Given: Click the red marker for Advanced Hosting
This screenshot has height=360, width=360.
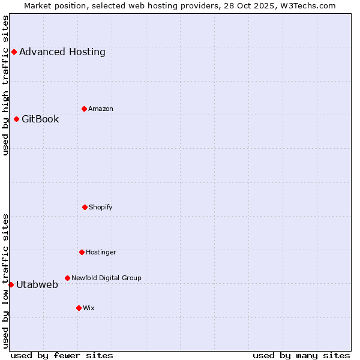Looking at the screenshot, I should click(x=14, y=52).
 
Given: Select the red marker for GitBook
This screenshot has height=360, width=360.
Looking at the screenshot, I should click(x=16, y=119).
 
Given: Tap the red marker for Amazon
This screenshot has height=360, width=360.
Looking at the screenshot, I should click(x=84, y=109).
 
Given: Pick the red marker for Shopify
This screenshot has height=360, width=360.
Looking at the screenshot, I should click(x=85, y=207).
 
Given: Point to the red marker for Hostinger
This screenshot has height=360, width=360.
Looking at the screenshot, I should click(x=82, y=252).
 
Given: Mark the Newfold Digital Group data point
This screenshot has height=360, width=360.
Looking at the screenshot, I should click(x=67, y=278).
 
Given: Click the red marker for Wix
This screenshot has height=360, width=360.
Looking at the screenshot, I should click(x=79, y=308).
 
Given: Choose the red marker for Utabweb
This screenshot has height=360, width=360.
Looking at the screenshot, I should click(x=11, y=284).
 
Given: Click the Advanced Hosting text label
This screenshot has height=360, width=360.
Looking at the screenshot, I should click(x=62, y=52).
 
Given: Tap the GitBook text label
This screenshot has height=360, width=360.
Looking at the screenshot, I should click(x=40, y=119).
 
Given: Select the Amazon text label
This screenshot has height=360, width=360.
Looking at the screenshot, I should click(x=101, y=109).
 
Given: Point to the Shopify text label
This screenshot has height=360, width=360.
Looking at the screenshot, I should click(x=101, y=207).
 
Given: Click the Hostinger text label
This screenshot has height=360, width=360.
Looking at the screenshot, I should click(x=101, y=252).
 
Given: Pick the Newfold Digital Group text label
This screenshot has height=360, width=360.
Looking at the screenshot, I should click(x=106, y=278).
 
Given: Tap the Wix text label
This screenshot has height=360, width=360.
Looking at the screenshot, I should click(x=89, y=308).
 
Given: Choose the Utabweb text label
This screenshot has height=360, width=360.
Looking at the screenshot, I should click(x=37, y=284).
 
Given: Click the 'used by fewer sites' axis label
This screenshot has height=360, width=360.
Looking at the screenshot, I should click(x=62, y=355).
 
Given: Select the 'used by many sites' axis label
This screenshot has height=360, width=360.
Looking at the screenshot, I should click(x=301, y=355).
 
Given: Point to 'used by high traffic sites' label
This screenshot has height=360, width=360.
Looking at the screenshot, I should click(x=5, y=85).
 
